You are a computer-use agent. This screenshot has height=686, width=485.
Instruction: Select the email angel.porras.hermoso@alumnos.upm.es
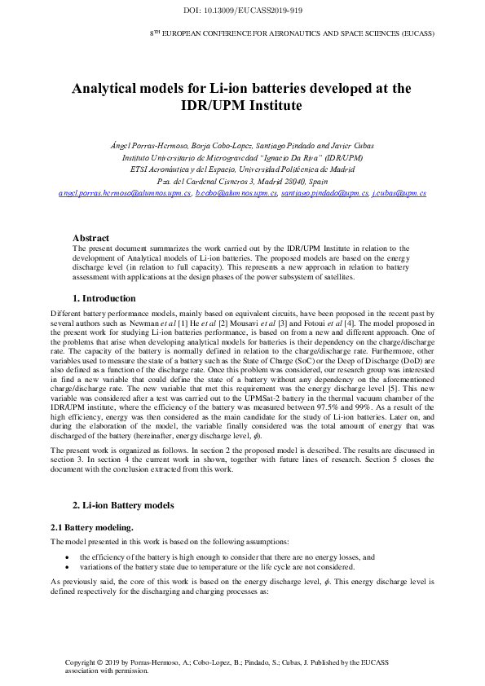click(125, 194)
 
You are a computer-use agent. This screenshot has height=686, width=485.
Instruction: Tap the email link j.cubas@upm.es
click(399, 194)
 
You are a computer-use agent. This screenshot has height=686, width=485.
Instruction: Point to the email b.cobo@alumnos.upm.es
click(236, 194)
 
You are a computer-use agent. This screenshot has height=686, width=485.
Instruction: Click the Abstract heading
click(90, 238)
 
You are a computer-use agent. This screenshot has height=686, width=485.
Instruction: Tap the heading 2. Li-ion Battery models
click(123, 505)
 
